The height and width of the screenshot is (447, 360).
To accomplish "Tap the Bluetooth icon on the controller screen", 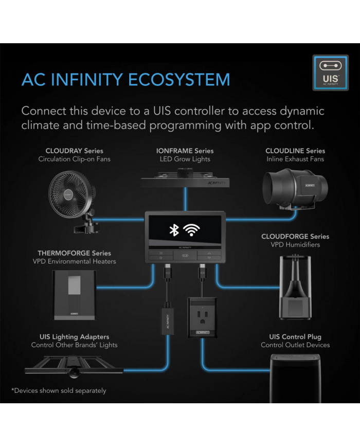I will pos(174,230).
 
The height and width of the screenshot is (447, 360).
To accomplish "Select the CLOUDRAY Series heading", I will pos(74,151).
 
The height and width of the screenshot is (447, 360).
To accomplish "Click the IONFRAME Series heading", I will pos(185,151).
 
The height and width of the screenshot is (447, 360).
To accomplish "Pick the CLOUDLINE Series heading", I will pos(295,151).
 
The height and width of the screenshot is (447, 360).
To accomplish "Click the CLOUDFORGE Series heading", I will pos(295,237).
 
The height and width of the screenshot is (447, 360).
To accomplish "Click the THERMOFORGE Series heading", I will pos(74,253).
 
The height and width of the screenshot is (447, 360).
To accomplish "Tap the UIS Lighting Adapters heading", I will pos(74,336).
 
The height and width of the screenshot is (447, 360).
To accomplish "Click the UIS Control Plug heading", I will pos(295,336).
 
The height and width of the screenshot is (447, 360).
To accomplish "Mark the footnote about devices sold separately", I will pos(59,390).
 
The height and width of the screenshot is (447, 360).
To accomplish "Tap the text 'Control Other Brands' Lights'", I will pos(74,345).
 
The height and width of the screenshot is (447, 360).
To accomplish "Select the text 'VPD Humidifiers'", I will pos(295,245).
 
